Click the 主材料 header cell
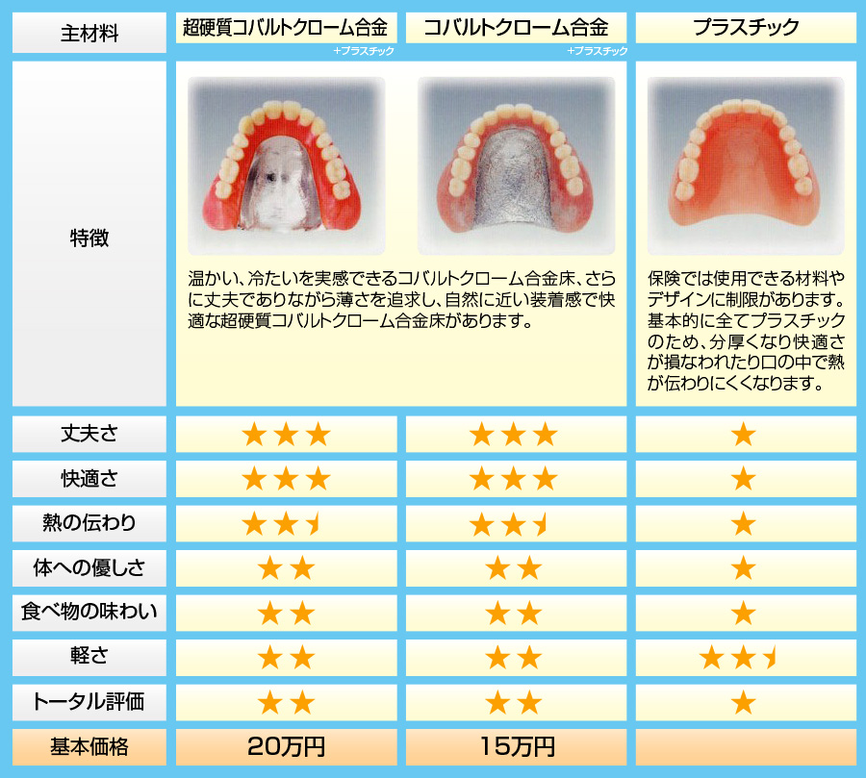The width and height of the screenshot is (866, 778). click(x=89, y=33)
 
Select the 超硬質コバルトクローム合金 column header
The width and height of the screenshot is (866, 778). click(x=286, y=27)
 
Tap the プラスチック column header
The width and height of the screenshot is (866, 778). click(x=746, y=27)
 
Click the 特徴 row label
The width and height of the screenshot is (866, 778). click(x=89, y=238)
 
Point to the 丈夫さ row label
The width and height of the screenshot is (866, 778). click(x=89, y=434)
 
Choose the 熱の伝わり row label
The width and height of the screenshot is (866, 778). click(x=89, y=523)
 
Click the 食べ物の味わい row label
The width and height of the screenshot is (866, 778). click(x=89, y=613)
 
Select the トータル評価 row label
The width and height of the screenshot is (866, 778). click(x=89, y=702)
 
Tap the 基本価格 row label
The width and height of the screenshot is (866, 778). click(x=89, y=747)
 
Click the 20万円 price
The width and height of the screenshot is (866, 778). click(x=286, y=747)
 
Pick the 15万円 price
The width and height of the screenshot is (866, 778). click(x=517, y=747)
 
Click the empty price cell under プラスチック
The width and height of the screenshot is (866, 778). click(x=746, y=747)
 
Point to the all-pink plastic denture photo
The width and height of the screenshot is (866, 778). click(x=746, y=165)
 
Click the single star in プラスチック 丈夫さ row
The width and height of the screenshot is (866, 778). click(x=744, y=435)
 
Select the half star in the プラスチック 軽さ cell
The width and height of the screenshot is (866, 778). click(x=771, y=658)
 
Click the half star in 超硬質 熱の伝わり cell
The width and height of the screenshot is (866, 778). click(x=315, y=523)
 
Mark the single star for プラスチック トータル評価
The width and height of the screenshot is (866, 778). click(x=744, y=703)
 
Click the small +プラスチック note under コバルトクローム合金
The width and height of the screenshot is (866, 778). click(x=597, y=51)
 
